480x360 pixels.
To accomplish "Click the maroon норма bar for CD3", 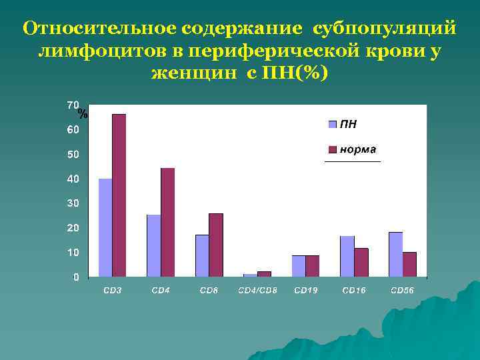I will pyautogui.click(x=119, y=195).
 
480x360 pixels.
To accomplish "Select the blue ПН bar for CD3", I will pyautogui.click(x=105, y=227).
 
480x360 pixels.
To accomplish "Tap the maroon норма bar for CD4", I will pyautogui.click(x=167, y=222).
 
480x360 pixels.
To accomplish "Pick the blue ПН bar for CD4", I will pyautogui.click(x=153, y=245).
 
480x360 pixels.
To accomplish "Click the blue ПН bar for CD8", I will pyautogui.click(x=202, y=255).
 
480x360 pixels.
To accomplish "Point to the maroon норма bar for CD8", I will pyautogui.click(x=216, y=245).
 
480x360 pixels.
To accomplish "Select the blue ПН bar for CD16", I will pyautogui.click(x=347, y=256).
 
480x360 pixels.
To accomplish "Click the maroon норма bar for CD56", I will pyautogui.click(x=409, y=264).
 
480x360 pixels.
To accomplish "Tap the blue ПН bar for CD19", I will pyautogui.click(x=299, y=265).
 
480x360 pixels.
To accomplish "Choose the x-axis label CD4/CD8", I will pyautogui.click(x=257, y=291).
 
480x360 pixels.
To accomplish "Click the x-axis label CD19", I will pyautogui.click(x=305, y=291).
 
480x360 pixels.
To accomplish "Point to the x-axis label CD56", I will pyautogui.click(x=402, y=291).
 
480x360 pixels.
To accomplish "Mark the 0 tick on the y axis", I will pyautogui.click(x=76, y=277).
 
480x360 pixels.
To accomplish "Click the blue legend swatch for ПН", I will pyautogui.click(x=332, y=124).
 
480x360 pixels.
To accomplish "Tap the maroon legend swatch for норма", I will pyautogui.click(x=332, y=149).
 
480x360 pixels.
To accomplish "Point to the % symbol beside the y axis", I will pyautogui.click(x=83, y=115).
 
